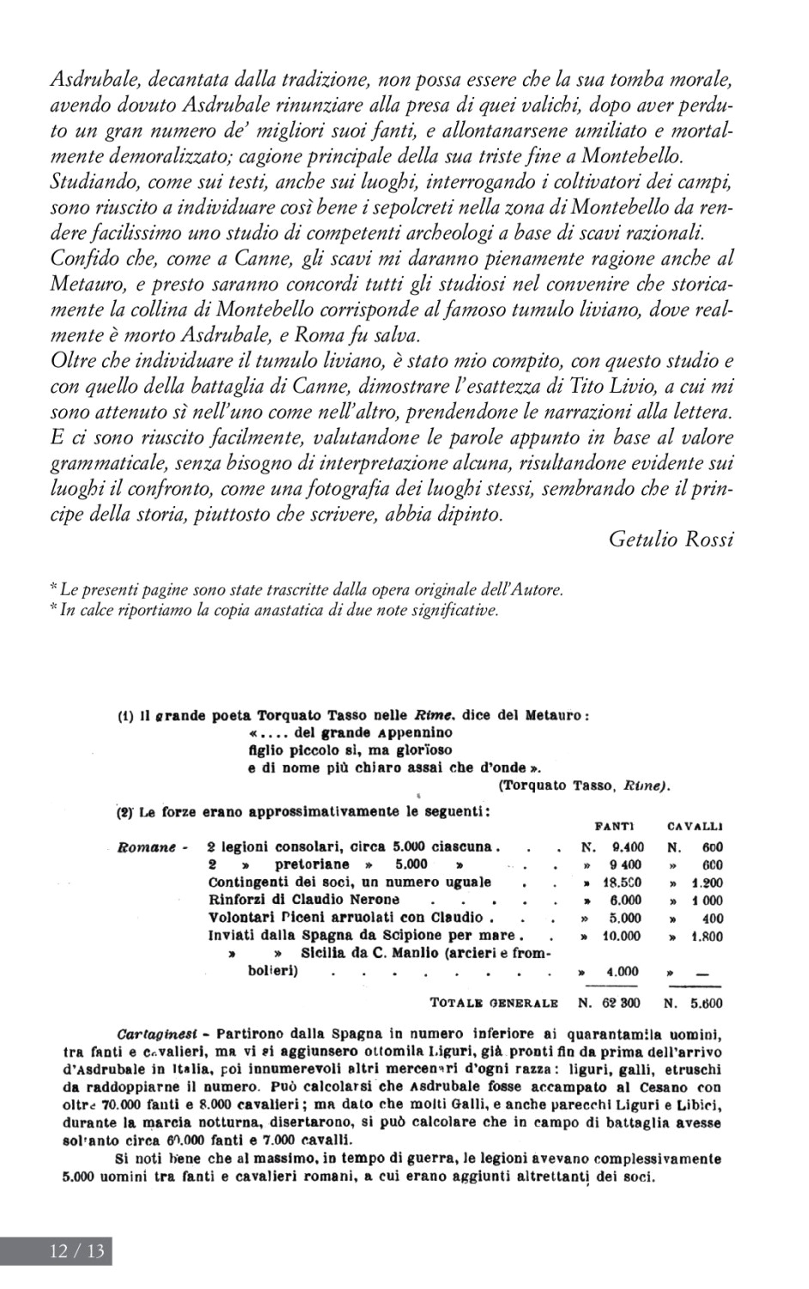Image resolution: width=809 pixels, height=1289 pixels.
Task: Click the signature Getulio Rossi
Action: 671,539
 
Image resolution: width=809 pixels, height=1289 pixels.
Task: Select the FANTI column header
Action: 614,827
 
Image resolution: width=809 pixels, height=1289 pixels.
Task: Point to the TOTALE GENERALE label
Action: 494,1002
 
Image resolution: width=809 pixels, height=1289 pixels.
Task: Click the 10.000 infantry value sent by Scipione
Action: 620,936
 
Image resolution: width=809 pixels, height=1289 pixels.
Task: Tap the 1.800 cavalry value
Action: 704,936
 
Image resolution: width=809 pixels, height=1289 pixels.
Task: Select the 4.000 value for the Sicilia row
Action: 622,971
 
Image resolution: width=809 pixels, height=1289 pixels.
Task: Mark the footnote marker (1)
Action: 125,715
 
